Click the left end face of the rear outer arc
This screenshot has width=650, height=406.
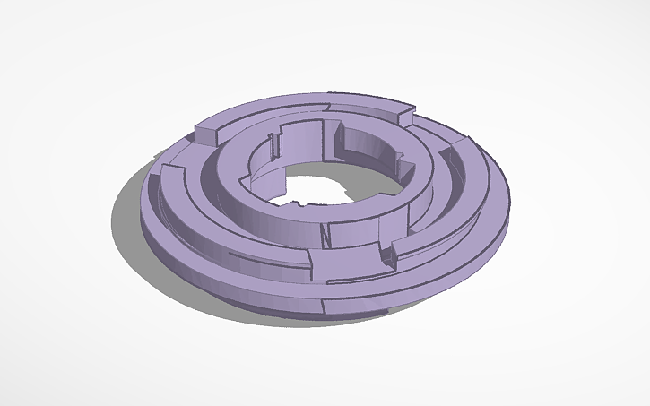tap(204, 135)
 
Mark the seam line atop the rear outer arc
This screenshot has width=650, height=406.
tap(328, 107)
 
